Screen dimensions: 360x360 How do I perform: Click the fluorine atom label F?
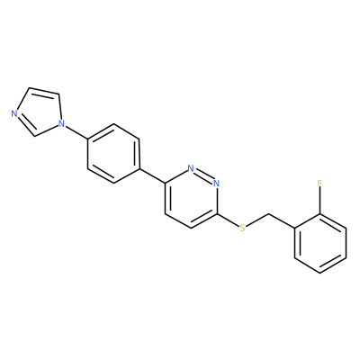pyautogui.click(x=319, y=183)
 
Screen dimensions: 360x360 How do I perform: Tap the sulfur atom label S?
pyautogui.click(x=242, y=228)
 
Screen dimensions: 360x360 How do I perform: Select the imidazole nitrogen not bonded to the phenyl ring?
pyautogui.click(x=13, y=114)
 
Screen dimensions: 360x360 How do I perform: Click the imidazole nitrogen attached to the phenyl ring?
pyautogui.click(x=62, y=123)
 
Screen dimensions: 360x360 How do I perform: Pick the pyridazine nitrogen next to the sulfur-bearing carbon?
pyautogui.click(x=217, y=183)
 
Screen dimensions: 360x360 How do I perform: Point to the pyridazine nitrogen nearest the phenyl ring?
pyautogui.click(x=191, y=168)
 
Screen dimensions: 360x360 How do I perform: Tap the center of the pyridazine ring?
pyautogui.click(x=191, y=198)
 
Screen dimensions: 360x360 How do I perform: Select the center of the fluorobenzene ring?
pyautogui.click(x=319, y=243)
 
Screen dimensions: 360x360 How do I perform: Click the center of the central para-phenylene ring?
pyautogui.click(x=113, y=153)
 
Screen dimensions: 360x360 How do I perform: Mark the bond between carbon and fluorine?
pyautogui.click(x=319, y=201)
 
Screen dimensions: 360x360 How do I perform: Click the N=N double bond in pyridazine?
pyautogui.click(x=204, y=175)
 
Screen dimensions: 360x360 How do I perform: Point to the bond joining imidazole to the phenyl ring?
pyautogui.click(x=76, y=131)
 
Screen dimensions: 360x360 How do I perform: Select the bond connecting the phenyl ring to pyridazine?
pyautogui.click(x=152, y=175)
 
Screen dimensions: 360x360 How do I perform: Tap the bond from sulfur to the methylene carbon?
pyautogui.click(x=257, y=220)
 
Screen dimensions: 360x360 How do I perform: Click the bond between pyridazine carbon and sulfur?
pyautogui.click(x=228, y=220)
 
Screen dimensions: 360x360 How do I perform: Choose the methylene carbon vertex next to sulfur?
pyautogui.click(x=268, y=214)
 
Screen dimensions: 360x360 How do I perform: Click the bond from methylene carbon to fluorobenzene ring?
pyautogui.click(x=281, y=221)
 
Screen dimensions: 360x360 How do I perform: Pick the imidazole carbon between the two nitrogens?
pyautogui.click(x=35, y=137)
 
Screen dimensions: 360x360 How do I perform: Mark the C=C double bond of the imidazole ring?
pyautogui.click(x=44, y=91)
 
